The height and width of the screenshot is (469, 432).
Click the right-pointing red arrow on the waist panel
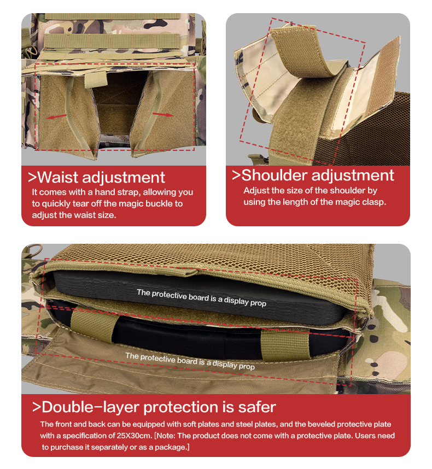162,114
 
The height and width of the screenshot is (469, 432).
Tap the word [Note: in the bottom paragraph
168,436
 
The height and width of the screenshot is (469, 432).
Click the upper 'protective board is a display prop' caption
201,298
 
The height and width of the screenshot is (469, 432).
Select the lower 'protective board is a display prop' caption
190,361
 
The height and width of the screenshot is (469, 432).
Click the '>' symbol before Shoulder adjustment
236,175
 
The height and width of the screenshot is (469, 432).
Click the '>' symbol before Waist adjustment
33,178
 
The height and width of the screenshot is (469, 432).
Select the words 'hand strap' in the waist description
116,192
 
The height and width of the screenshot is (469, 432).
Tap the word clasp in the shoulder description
373,202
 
